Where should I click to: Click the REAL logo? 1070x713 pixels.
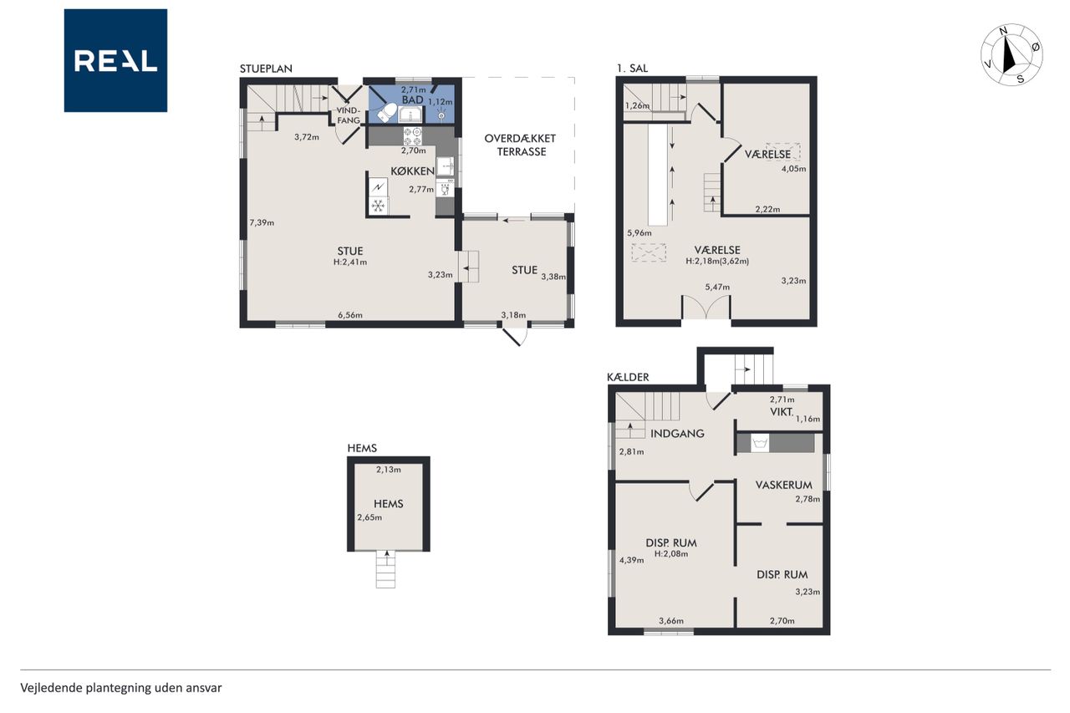(115, 60)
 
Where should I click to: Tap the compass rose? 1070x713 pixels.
(1011, 54)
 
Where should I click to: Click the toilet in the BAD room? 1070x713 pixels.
(386, 113)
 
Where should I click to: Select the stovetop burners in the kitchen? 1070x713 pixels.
(413, 136)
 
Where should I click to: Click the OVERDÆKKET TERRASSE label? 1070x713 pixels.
(520, 145)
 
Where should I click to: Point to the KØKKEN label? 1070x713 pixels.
(413, 171)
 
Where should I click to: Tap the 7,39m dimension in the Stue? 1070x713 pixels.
(262, 222)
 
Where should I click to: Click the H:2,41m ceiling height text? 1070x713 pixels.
(350, 262)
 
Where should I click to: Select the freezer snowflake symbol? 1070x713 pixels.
(379, 206)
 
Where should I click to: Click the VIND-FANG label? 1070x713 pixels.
(349, 115)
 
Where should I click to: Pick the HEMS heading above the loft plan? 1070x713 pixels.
(362, 448)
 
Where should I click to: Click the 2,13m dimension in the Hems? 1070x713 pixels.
(389, 470)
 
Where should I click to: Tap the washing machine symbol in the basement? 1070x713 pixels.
(760, 443)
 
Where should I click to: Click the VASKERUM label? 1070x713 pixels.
(784, 485)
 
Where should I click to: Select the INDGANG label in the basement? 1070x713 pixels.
(677, 434)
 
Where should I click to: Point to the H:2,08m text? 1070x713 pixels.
(671, 554)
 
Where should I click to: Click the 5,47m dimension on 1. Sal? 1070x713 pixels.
(717, 287)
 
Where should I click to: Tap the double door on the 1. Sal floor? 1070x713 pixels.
(706, 307)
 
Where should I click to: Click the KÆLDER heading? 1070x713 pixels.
(628, 377)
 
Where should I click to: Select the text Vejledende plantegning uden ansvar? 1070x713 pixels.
(121, 688)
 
